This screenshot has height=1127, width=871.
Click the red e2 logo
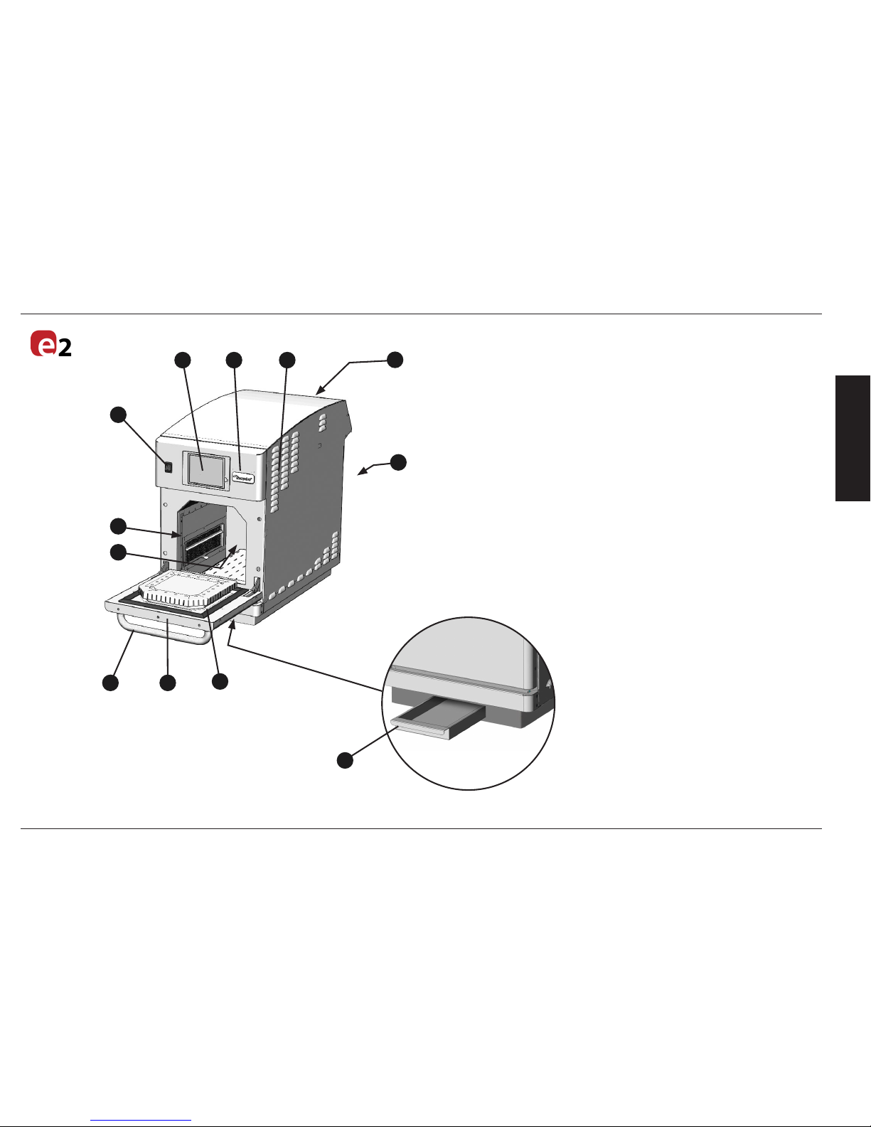coord(50,344)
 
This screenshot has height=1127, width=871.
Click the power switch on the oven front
coord(169,467)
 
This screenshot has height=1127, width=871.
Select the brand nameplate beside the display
coord(244,478)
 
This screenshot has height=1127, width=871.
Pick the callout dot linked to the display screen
coord(183,360)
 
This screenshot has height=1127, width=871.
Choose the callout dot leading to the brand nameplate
coord(234,360)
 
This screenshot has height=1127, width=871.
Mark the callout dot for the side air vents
coord(287,360)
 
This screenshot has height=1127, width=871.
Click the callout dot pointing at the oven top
coord(395,360)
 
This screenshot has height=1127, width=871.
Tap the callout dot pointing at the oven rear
coord(398,461)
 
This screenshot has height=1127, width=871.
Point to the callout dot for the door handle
coord(110,683)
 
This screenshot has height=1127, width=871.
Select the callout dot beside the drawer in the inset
coord(345,760)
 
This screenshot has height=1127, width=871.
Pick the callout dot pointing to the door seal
coord(220,681)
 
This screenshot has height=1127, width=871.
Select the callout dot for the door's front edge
coord(167,683)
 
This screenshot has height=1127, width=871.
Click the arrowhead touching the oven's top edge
coord(320,391)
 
